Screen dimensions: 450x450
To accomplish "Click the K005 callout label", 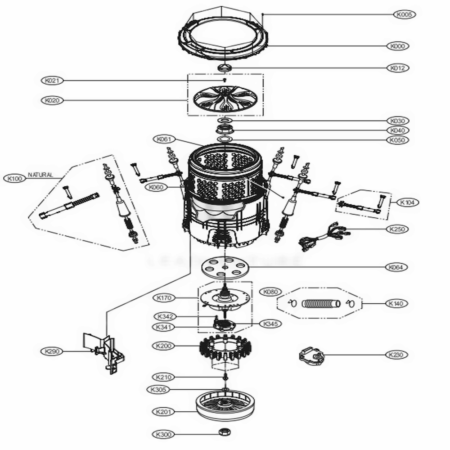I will tap(405, 14).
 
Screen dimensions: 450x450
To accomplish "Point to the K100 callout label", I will tap(15, 179).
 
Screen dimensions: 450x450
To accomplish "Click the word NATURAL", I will tap(40, 175).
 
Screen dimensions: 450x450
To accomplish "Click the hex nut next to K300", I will tap(224, 432).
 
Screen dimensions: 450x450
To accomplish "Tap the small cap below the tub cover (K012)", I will tap(225, 67).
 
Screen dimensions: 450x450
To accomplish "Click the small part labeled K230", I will tap(312, 356).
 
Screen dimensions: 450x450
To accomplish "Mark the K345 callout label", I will tap(270, 324).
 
